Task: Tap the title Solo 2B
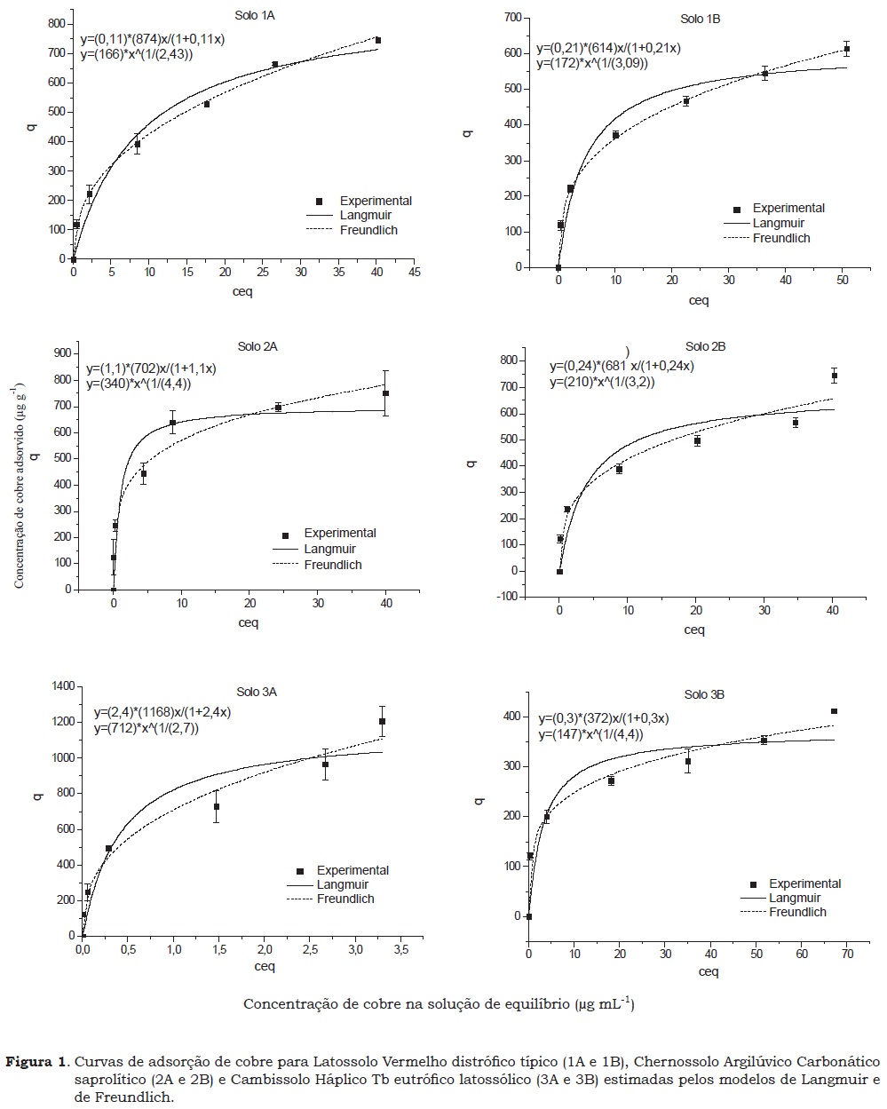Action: [705, 346]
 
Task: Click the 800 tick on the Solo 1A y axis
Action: [56, 24]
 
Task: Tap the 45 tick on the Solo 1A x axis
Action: [415, 273]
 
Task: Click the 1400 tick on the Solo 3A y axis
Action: [62, 686]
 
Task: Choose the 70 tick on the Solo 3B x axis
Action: [847, 954]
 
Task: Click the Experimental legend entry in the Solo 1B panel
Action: [788, 209]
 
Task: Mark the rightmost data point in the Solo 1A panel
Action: [377, 41]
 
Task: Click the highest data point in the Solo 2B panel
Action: [835, 376]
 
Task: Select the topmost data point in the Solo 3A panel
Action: [382, 722]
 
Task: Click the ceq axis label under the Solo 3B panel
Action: [708, 971]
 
